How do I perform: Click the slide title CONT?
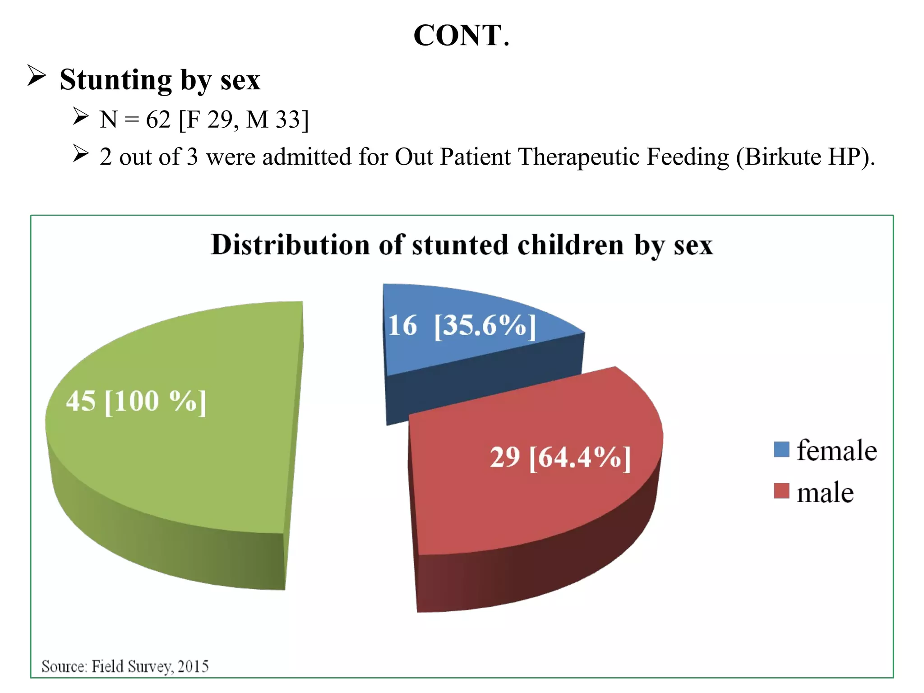coord(461,36)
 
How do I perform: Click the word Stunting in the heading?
coord(115,80)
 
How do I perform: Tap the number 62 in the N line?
coord(158,120)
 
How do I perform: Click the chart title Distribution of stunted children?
coord(461,245)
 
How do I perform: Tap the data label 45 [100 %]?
coord(136,401)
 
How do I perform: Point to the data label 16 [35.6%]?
coord(461,325)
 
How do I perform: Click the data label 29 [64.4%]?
coord(560,457)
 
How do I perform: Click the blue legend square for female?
coord(781,449)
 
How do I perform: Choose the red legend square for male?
coord(781,491)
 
